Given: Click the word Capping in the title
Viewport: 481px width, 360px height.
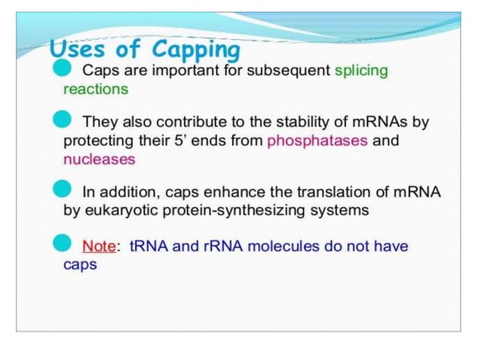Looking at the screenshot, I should pos(196,50).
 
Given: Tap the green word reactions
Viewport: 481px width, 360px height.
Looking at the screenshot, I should pos(96,90).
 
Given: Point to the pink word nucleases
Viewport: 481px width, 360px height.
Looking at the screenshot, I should pos(100,160).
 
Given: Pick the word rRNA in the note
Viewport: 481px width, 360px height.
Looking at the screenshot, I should pos(222,246).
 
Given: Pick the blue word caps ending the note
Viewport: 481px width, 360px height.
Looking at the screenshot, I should pos(80,265).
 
